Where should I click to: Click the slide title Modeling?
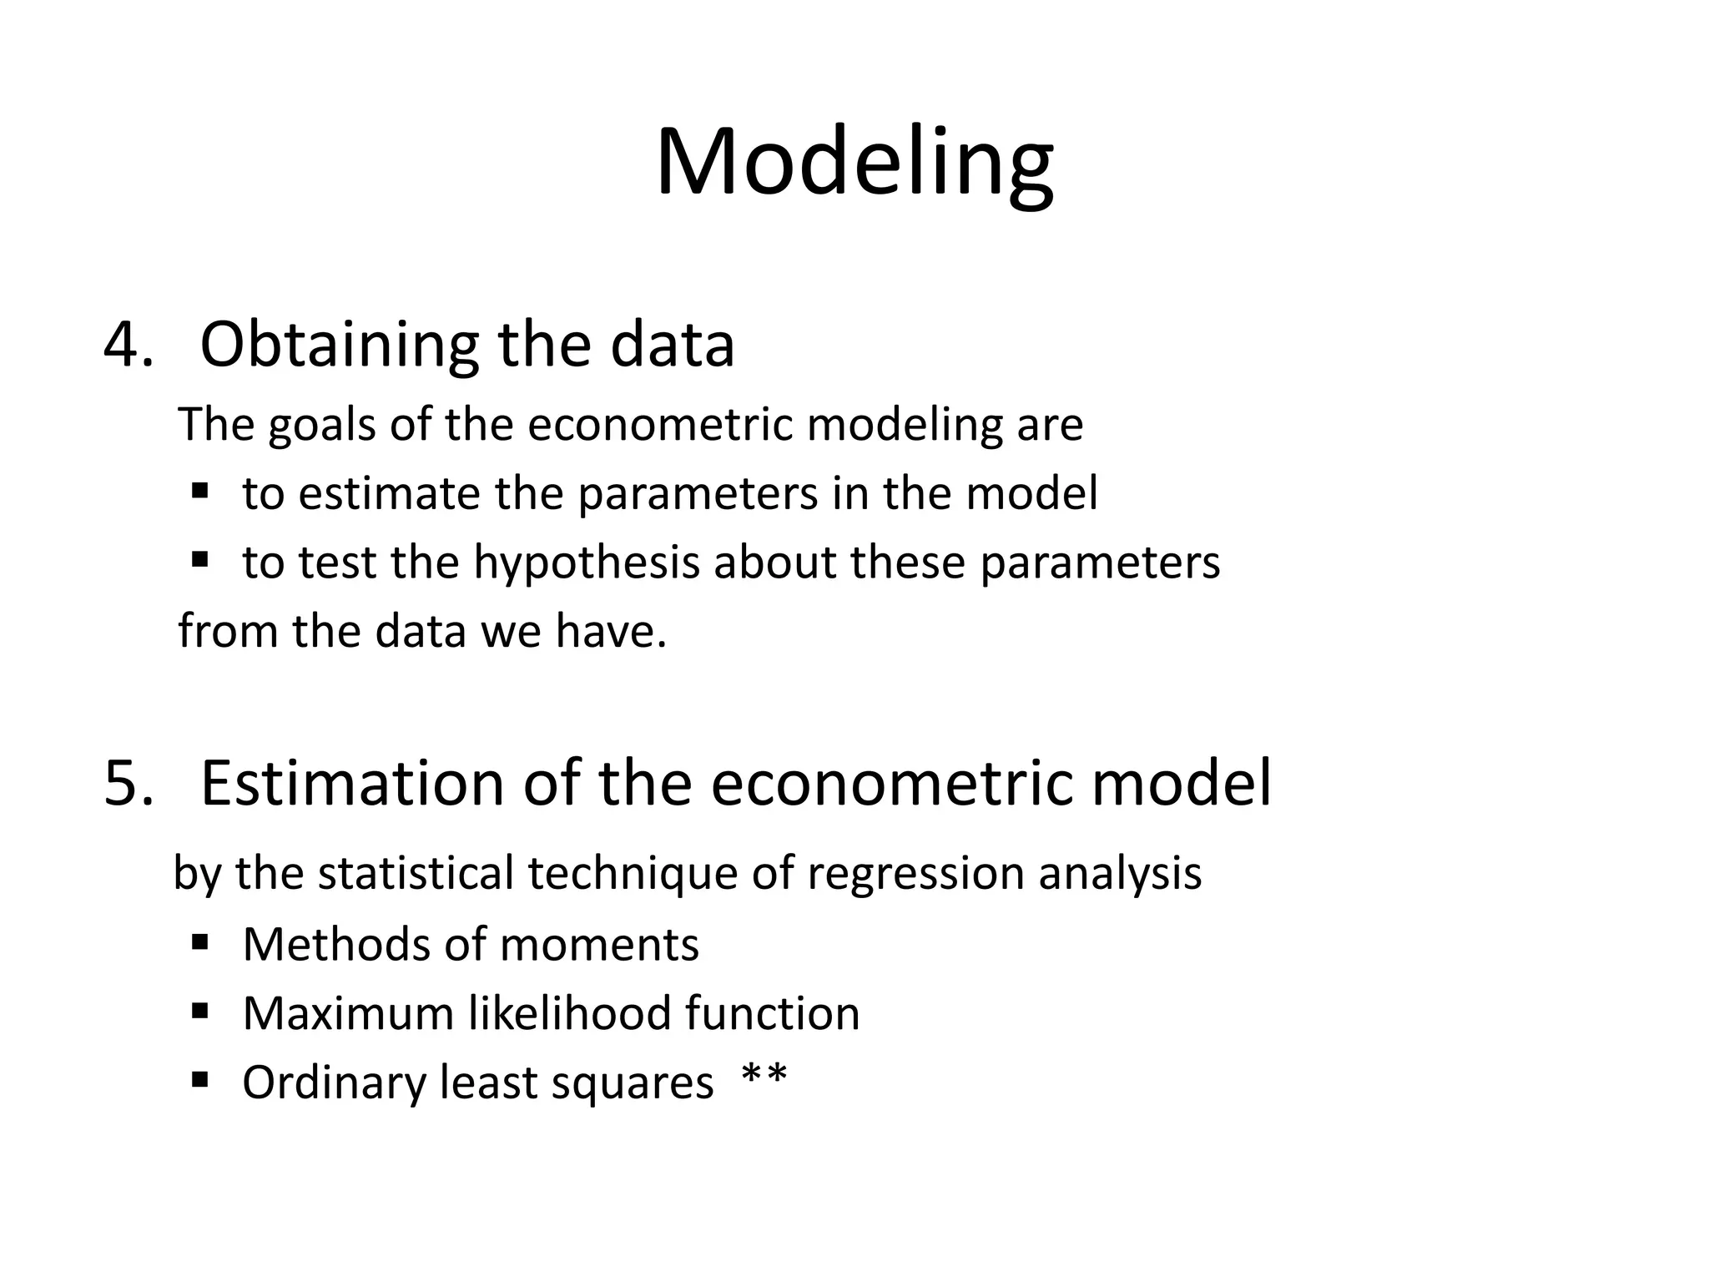tap(854, 163)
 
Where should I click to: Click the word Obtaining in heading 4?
tap(339, 344)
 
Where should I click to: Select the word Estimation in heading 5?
tap(352, 783)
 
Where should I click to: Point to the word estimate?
tap(389, 494)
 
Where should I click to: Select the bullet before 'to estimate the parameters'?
tap(199, 490)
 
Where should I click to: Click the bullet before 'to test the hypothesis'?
tap(199, 558)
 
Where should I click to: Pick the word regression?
tap(915, 874)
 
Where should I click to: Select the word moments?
tap(599, 945)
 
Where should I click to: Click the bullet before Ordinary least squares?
tap(199, 1081)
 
